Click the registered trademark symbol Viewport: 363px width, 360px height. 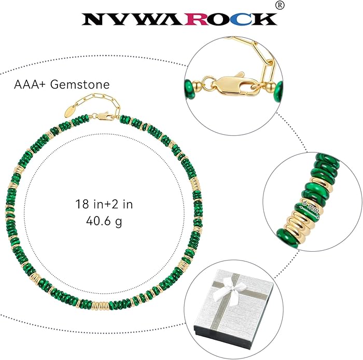pos(280,5)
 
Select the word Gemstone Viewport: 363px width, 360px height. pos(80,84)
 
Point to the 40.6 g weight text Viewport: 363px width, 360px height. pos(104,221)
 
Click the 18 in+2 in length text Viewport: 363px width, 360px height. pos(104,204)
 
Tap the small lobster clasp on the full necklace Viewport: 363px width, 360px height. pos(103,116)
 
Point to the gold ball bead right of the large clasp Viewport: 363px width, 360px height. pos(270,88)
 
